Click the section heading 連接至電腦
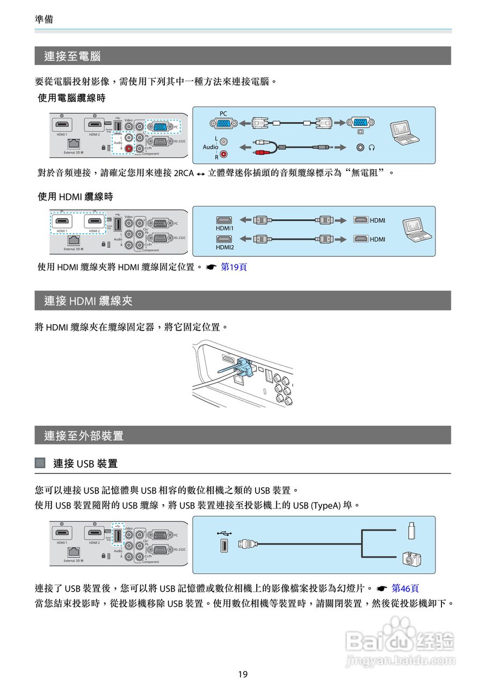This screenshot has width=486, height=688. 72,56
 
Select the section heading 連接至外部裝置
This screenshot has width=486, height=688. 84,436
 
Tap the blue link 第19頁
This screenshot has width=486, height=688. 234,267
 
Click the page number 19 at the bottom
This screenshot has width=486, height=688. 243,674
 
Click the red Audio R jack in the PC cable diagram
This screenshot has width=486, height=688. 224,155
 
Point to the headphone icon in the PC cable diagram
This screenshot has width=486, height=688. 371,147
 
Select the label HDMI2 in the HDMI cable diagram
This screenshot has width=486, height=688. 224,247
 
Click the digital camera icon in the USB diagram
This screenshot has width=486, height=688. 411,559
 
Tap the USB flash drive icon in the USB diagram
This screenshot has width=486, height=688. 411,530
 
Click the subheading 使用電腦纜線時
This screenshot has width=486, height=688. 71,98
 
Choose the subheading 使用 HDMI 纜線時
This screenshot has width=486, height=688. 75,197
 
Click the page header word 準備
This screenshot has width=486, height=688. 43,19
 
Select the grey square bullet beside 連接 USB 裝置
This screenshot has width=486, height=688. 40,463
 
